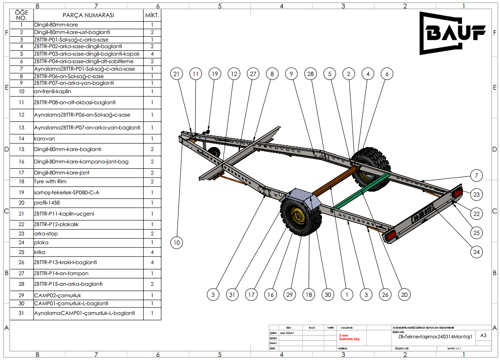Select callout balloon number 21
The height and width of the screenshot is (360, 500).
pos(177,74)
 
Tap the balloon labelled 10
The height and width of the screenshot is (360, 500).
pos(177,242)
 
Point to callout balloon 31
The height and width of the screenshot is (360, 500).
pos(232,294)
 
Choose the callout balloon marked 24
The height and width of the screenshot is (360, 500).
pos(476,252)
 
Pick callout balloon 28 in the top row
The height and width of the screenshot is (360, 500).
pos(311,74)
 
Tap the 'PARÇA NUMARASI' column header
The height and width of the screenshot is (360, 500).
pos(88,15)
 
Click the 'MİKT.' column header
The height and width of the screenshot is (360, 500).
pos(152,15)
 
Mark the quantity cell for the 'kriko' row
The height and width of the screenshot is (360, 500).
pos(152,252)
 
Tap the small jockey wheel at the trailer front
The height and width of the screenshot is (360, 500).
pos(215,153)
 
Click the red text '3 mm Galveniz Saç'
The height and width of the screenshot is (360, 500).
pos(349,337)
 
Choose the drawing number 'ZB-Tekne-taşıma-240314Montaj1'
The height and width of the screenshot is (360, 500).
pos(435,337)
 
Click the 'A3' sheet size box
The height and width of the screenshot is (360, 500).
pos(484,335)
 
